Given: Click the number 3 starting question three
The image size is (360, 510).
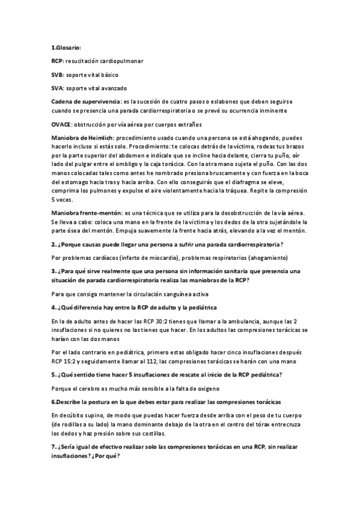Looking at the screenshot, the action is pyautogui.click(x=53, y=271).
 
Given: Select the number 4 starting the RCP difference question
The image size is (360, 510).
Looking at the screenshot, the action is pyautogui.click(x=53, y=307).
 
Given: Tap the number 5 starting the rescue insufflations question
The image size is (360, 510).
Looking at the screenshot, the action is pyautogui.click(x=53, y=374).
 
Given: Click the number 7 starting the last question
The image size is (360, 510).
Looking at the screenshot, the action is pyautogui.click(x=53, y=448).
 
